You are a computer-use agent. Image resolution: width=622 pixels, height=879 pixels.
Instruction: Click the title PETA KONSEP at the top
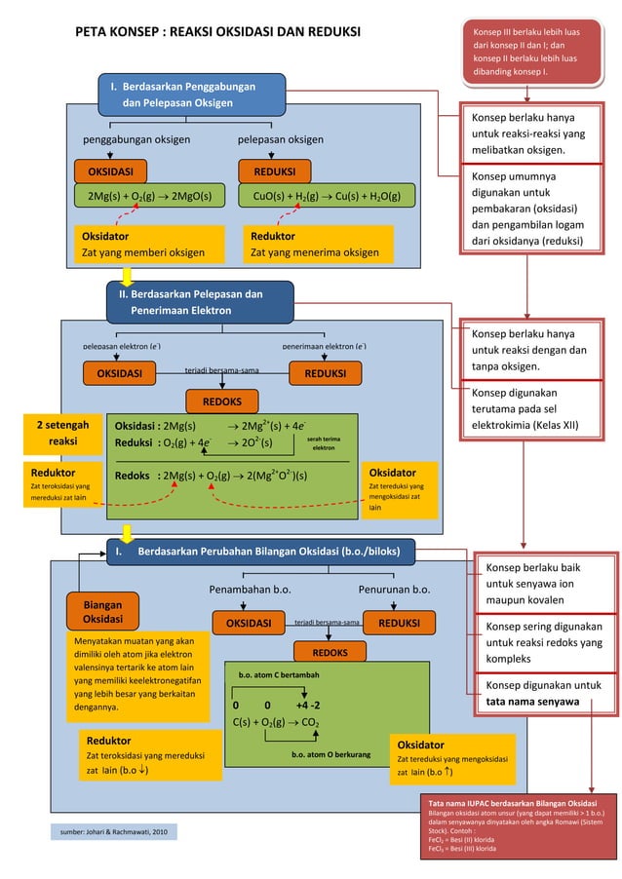217,33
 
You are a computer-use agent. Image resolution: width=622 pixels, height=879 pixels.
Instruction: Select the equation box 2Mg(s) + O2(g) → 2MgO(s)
149,196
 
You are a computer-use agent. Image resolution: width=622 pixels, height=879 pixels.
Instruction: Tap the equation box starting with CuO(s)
327,196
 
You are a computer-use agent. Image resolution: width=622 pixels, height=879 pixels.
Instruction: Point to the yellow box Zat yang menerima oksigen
318,245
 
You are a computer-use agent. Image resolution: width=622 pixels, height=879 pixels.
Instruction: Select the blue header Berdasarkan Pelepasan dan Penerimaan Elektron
199,302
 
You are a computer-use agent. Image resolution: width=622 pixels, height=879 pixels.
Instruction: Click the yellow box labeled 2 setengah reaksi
63,434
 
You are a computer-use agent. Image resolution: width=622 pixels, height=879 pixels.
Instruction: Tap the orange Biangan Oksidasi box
102,612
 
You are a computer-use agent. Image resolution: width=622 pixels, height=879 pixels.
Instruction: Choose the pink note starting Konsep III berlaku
526,53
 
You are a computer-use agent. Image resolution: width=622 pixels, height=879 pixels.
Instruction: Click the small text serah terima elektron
324,443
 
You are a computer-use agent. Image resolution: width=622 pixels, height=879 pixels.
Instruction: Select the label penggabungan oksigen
136,140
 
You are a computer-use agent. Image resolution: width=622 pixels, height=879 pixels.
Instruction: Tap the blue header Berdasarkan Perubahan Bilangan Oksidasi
260,553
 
